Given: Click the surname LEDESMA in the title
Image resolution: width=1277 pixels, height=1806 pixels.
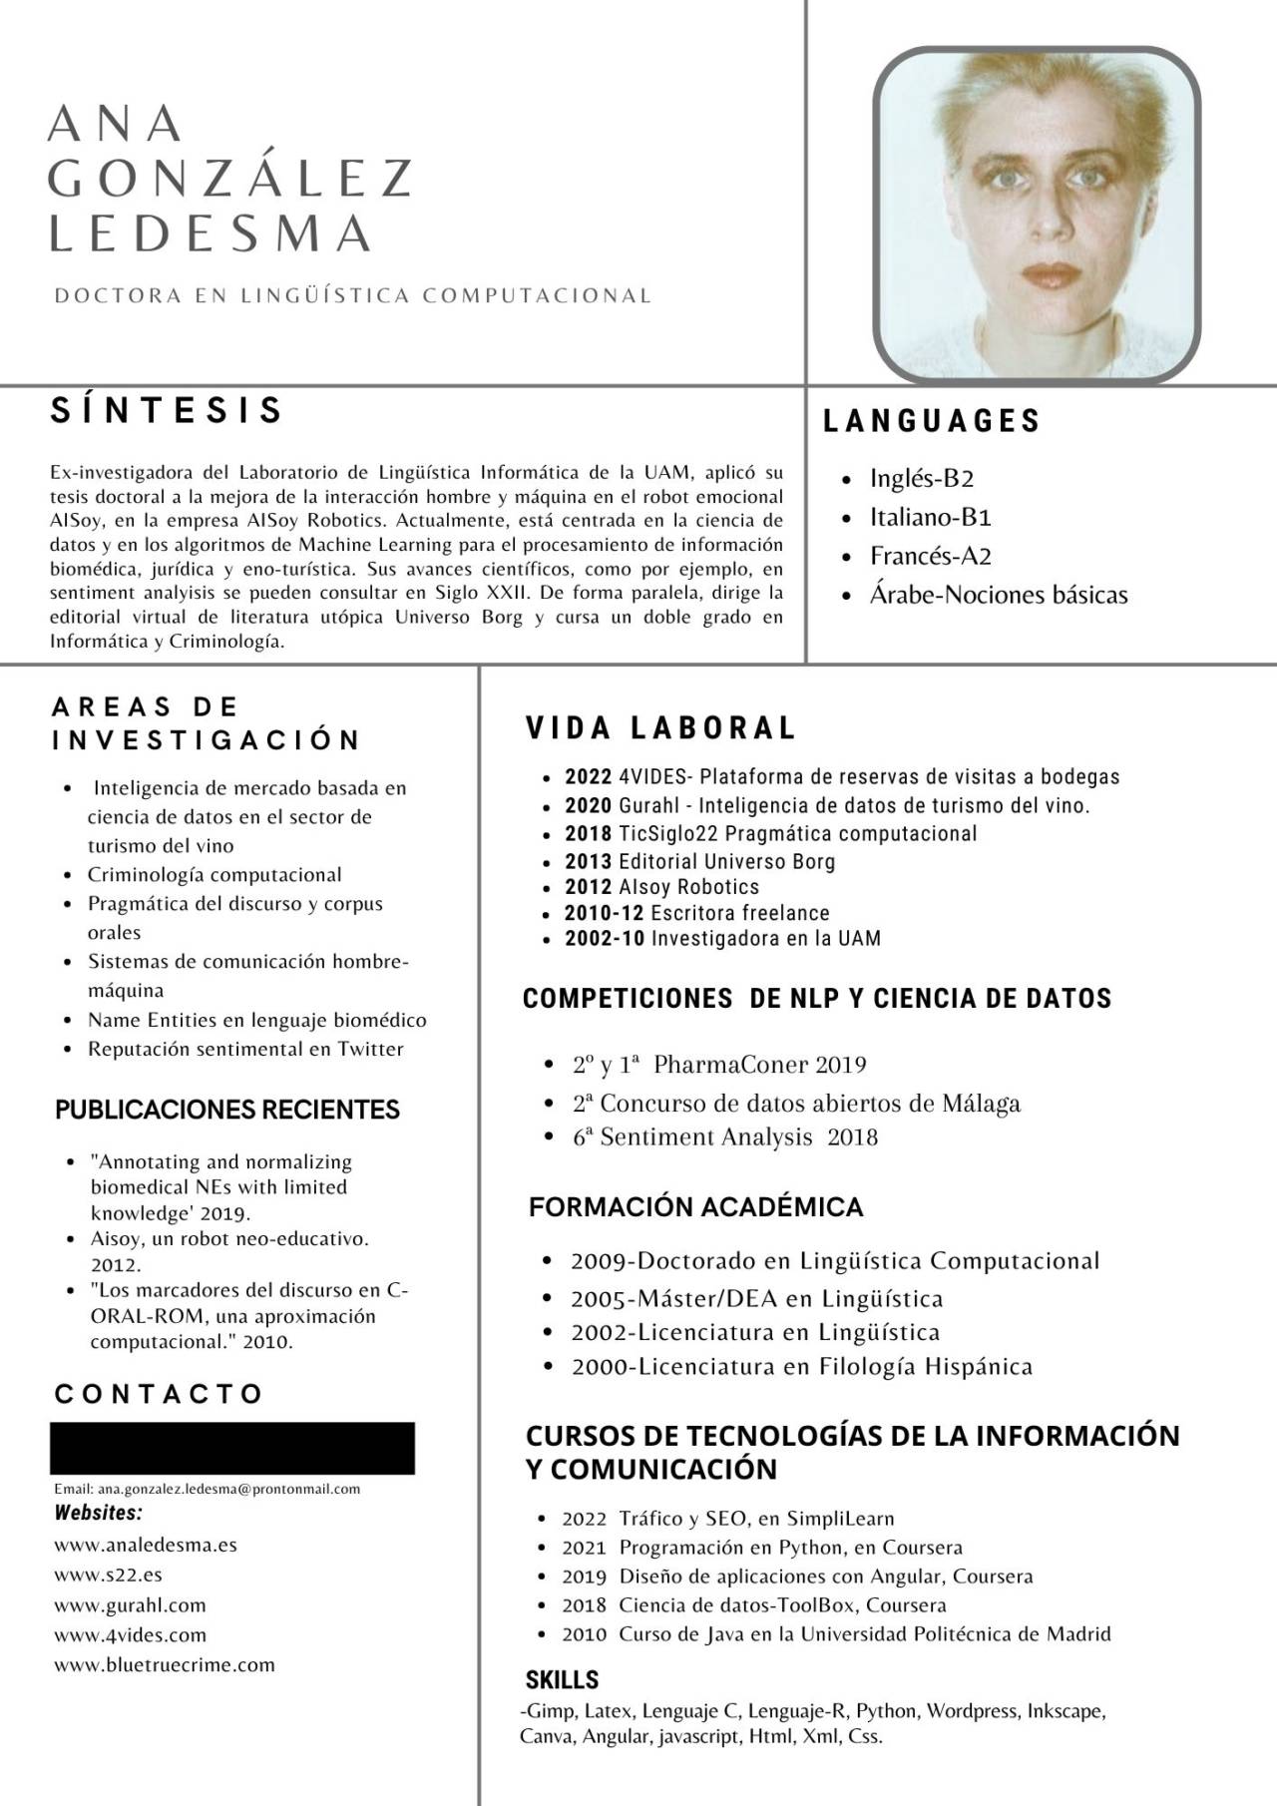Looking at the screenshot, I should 211,232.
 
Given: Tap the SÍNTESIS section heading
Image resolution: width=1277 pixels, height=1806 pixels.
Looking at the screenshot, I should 168,411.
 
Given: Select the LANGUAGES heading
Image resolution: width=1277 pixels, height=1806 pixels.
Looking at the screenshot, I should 932,421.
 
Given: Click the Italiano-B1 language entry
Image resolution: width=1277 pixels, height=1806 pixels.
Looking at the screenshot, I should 930,517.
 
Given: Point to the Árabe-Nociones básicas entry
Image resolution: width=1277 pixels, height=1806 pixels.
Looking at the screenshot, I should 998,595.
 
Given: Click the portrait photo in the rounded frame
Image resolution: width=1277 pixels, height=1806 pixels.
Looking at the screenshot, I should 1037,215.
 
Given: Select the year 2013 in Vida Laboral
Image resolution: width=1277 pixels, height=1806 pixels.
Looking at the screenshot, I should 588,862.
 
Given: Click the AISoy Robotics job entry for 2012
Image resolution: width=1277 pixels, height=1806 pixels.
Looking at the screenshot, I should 688,887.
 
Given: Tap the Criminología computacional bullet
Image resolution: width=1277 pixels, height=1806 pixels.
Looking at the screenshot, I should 214,875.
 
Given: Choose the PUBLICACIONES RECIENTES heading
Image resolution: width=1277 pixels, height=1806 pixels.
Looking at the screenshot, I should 227,1110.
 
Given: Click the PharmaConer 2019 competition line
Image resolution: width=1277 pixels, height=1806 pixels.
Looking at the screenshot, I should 719,1065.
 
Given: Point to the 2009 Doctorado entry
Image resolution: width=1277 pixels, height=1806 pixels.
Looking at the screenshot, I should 834,1261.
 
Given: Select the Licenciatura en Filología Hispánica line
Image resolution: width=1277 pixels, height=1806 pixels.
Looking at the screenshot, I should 801,1367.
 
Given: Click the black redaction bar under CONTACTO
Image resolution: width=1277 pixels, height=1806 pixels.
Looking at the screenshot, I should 232,1448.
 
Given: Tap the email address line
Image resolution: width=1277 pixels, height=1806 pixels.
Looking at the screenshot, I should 208,1489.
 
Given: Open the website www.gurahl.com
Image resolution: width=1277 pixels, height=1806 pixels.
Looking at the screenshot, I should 131,1605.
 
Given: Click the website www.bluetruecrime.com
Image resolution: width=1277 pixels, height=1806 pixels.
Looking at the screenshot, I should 165,1664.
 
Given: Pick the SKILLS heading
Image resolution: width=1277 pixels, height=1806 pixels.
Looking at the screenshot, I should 562,1679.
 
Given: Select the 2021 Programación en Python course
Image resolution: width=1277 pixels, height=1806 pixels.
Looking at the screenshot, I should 762,1548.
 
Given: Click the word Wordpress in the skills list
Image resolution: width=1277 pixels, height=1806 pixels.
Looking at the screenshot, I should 966,1710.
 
